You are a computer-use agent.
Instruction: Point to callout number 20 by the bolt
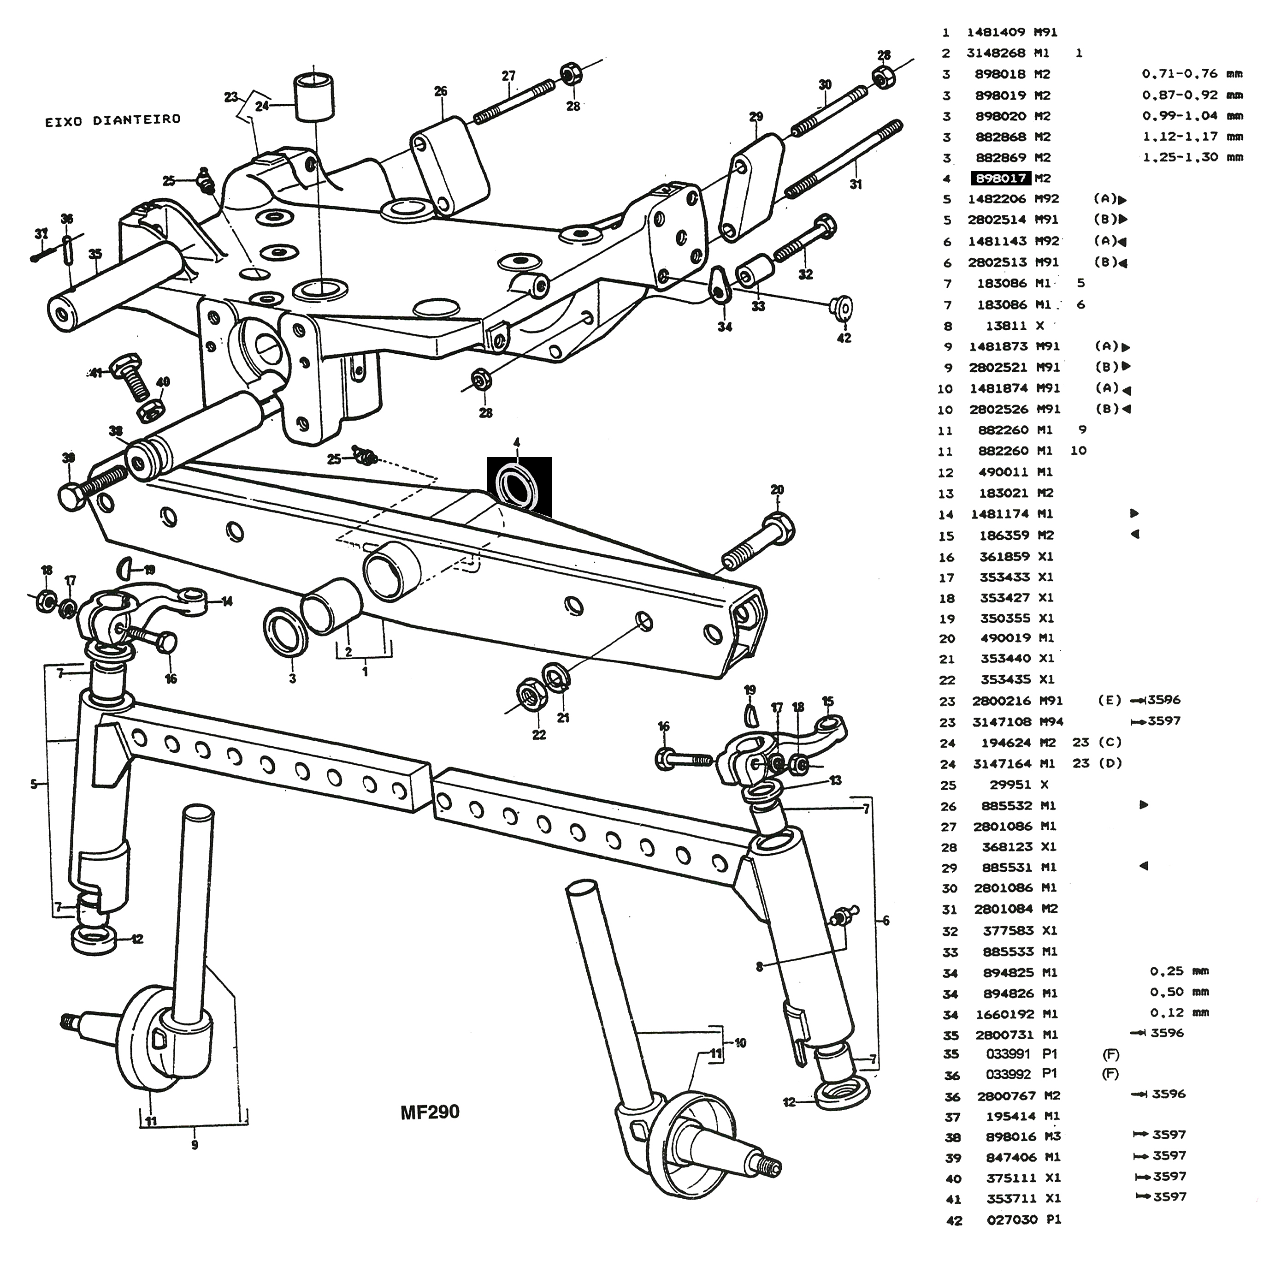pyautogui.click(x=777, y=489)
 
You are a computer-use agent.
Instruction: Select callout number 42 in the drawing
pyautogui.click(x=844, y=338)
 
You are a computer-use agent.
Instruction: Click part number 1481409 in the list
pyautogui.click(x=996, y=32)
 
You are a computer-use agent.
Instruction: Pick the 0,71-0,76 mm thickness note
pyautogui.click(x=1192, y=74)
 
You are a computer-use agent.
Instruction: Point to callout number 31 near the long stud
pyautogui.click(x=856, y=184)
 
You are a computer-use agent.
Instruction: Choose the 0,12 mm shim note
pyautogui.click(x=1180, y=1013)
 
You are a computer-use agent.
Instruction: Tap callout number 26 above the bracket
pyautogui.click(x=441, y=91)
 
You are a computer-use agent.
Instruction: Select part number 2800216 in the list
pyautogui.click(x=1001, y=701)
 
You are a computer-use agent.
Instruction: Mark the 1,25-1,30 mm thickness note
pyautogui.click(x=1193, y=157)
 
